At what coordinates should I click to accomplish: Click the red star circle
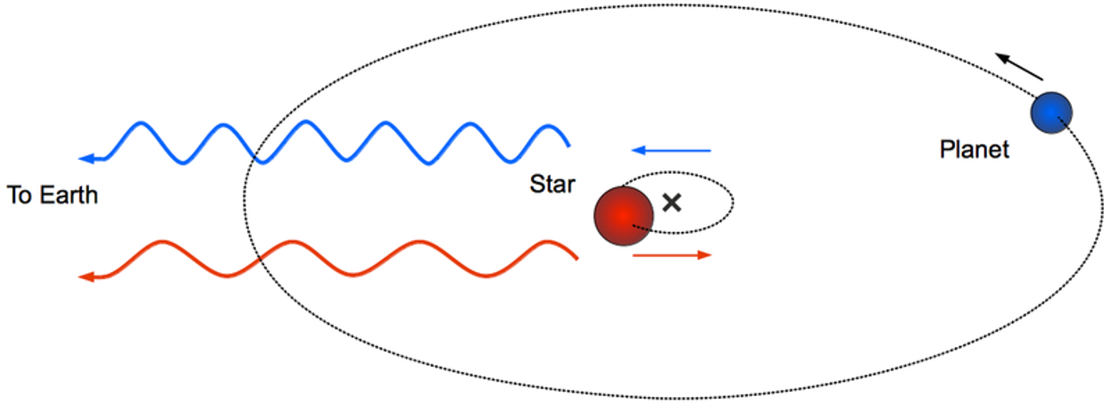624,216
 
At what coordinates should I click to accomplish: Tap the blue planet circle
1051,112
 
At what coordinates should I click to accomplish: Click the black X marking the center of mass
672,202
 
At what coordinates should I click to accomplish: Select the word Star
552,184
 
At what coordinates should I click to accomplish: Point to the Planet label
974,149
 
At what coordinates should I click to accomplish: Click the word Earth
69,195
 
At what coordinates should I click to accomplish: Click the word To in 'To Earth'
20,195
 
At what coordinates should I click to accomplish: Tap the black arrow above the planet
1019,67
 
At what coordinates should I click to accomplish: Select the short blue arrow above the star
671,150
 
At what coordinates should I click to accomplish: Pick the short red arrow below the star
672,255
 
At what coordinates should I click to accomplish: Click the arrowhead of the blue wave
87,159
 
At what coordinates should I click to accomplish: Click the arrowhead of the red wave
87,277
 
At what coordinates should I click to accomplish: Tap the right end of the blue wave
568,146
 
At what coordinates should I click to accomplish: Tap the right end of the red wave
577,259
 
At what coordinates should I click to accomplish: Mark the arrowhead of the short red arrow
705,255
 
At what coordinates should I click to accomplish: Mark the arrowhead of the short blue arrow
638,150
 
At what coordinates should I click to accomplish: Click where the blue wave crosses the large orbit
255,156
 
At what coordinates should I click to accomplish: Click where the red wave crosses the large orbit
260,258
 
